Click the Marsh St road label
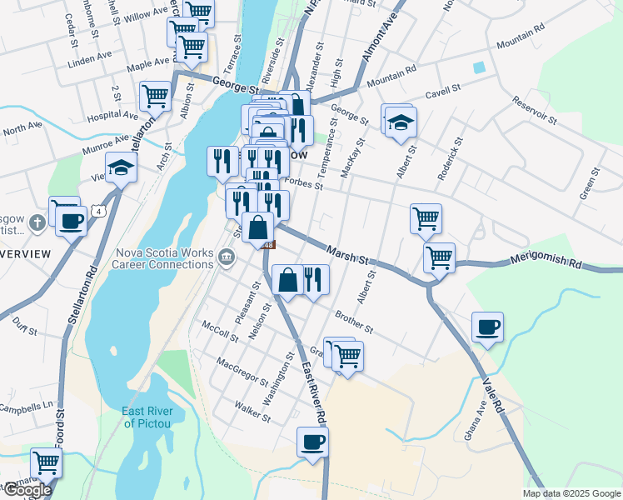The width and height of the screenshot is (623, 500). pos(347,253)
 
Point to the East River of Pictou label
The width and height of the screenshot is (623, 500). pos(147,417)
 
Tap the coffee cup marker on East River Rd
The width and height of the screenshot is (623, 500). pos(312,441)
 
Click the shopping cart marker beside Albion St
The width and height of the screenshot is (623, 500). pos(156,96)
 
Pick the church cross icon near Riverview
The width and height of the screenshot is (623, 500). pos(36,223)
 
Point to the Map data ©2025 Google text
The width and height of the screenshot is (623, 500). pos(571,493)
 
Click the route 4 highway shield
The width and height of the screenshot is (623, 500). pos(99,211)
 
